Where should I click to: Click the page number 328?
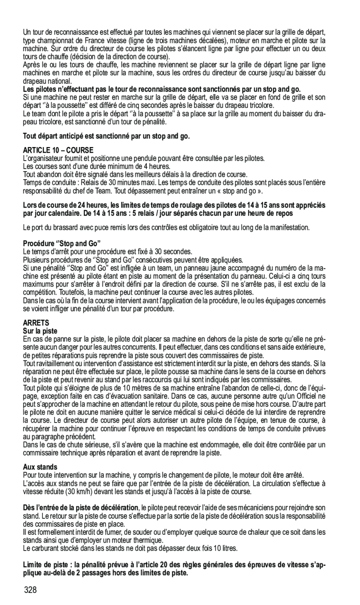coord(30,590)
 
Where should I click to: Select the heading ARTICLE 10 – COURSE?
coord(58,150)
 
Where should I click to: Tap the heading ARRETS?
coord(36,322)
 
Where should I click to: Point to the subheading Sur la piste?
coord(40,330)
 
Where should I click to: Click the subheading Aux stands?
coord(40,467)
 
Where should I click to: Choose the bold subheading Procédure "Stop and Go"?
coord(62,243)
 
